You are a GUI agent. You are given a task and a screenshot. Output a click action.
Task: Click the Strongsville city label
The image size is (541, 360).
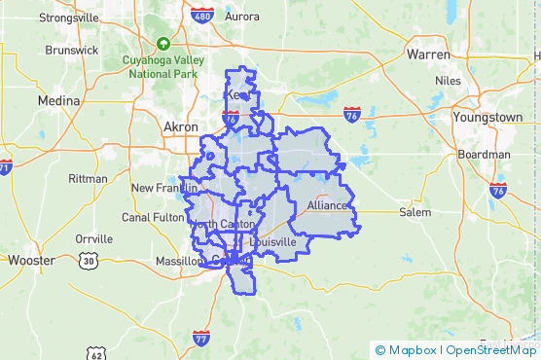[69, 17]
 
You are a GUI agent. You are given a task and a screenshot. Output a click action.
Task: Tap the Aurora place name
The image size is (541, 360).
[241, 17]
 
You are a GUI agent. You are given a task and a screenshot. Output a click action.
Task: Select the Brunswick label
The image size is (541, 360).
[72, 50]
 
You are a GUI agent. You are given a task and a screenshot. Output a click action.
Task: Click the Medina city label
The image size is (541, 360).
[57, 101]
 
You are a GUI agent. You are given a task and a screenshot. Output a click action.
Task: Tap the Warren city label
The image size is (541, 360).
[428, 54]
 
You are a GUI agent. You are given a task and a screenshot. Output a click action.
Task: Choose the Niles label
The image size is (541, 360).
[449, 81]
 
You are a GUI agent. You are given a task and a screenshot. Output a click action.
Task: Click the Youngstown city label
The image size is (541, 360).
[488, 117]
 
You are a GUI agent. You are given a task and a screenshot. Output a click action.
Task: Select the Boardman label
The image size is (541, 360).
[484, 154]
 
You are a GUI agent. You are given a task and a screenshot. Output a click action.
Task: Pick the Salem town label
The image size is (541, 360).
[415, 212]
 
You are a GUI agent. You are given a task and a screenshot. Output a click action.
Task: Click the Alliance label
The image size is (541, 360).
[326, 205]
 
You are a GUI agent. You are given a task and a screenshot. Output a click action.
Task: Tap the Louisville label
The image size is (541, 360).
[272, 241]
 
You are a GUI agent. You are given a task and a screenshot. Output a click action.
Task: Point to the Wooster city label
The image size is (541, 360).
[31, 260]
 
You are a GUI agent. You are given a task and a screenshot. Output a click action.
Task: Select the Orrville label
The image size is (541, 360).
[94, 238]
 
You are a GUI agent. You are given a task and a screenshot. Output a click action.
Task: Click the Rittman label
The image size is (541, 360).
[89, 179]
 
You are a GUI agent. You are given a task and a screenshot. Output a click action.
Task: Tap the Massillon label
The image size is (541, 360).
[179, 261]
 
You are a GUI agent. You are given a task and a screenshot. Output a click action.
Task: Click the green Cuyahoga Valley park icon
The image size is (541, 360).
[163, 44]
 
